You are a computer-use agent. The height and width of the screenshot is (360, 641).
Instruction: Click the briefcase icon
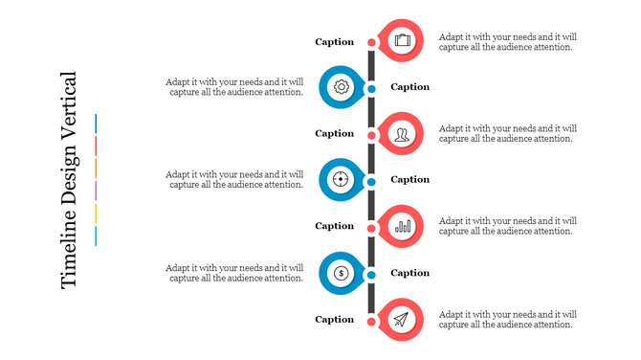coord(403,40)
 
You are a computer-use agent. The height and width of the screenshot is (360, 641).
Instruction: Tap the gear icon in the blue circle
coord(342,87)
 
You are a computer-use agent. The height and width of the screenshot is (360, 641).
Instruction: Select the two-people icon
coord(403,133)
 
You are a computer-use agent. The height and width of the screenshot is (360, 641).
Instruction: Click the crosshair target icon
coord(342,179)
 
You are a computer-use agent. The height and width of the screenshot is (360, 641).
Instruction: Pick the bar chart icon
coord(403,226)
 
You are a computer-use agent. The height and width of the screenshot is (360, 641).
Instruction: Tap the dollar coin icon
coord(342,273)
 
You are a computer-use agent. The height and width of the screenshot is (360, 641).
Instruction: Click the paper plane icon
coord(403,319)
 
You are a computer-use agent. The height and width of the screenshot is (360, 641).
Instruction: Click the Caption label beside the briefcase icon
coord(335,42)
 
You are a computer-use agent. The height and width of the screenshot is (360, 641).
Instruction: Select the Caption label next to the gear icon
coord(410,87)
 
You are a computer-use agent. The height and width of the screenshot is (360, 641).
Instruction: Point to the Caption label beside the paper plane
coord(335,320)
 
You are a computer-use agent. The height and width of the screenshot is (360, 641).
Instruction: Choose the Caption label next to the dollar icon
coord(410,273)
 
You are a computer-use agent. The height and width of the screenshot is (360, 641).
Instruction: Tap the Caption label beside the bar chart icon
coord(335,227)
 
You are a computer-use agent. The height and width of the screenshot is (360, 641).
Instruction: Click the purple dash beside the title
coord(97,191)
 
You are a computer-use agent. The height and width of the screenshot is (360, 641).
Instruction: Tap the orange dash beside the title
coord(97,168)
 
